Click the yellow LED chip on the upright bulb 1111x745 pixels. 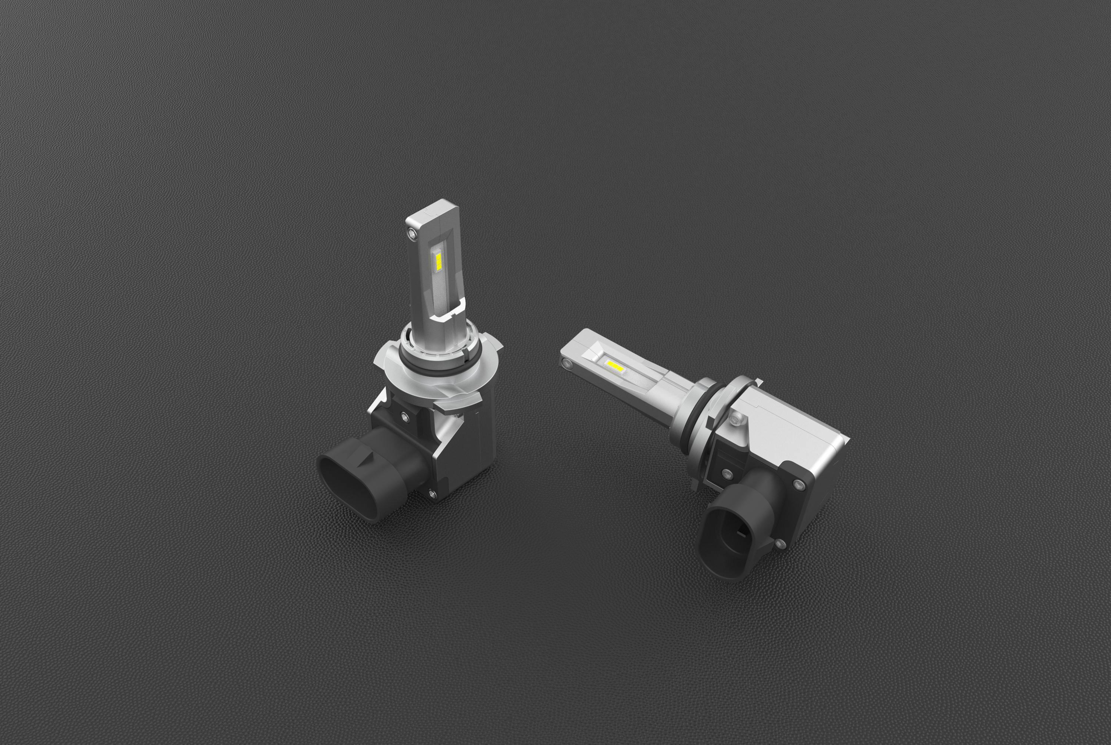438,261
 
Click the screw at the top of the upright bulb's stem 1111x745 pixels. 411,233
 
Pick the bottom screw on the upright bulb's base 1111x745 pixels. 431,494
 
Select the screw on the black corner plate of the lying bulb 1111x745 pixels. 798,485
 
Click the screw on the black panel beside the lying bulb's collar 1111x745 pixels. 727,473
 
